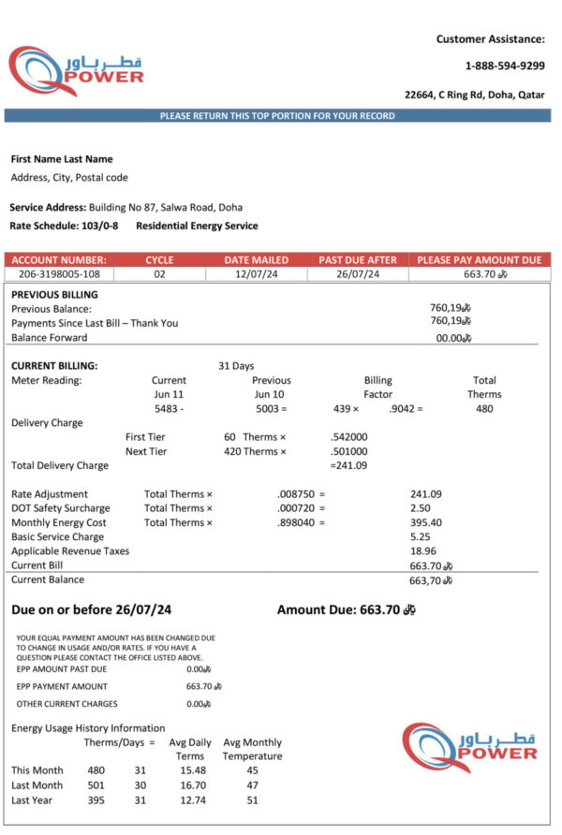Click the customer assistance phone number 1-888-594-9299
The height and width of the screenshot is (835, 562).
pyautogui.click(x=504, y=66)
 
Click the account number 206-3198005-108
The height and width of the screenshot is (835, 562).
pyautogui.click(x=58, y=274)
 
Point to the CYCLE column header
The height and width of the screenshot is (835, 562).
pyautogui.click(x=159, y=259)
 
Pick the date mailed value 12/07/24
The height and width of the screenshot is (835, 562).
pyautogui.click(x=256, y=274)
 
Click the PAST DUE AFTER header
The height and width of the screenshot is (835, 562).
pyautogui.click(x=358, y=259)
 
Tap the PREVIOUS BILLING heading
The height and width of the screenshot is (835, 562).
pyautogui.click(x=54, y=294)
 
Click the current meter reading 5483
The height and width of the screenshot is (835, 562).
pyautogui.click(x=166, y=409)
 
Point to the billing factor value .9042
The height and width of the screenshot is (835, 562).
pyautogui.click(x=403, y=409)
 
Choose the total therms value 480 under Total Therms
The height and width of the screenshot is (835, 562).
pyautogui.click(x=484, y=409)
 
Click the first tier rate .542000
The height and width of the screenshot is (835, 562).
pyautogui.click(x=348, y=437)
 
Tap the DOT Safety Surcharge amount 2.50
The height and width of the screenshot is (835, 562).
pyautogui.click(x=421, y=508)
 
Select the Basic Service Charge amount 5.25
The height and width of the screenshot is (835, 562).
pyautogui.click(x=421, y=537)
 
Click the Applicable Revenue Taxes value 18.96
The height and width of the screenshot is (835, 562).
pyautogui.click(x=422, y=551)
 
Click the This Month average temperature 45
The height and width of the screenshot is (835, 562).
pyautogui.click(x=252, y=770)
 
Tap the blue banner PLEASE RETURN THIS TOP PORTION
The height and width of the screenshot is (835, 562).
pyautogui.click(x=277, y=116)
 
